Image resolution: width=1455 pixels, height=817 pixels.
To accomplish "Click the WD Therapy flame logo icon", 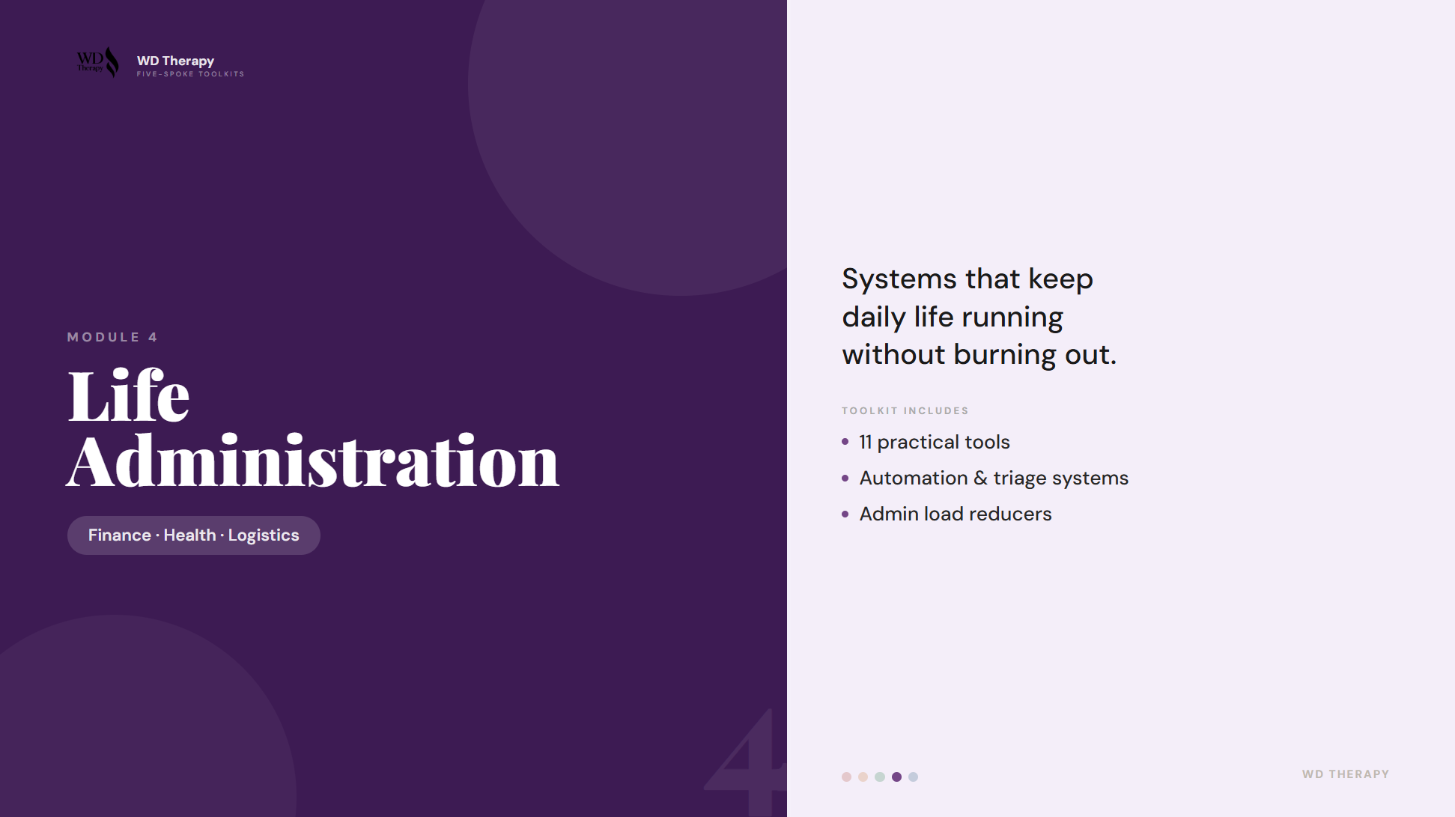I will [x=111, y=62].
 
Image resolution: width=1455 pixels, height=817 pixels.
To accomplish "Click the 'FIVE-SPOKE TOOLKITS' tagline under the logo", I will [x=190, y=74].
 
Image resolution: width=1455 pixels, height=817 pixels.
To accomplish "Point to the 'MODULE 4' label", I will [x=112, y=337].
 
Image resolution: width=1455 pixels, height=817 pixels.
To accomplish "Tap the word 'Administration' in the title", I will [x=312, y=461].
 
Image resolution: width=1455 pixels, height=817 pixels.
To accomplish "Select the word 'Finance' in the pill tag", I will [x=120, y=535].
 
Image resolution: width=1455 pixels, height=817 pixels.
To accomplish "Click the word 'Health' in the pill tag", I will [x=189, y=535].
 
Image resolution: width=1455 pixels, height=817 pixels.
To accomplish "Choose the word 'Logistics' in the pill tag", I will [x=264, y=535].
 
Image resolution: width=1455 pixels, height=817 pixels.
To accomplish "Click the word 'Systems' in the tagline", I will [x=899, y=279].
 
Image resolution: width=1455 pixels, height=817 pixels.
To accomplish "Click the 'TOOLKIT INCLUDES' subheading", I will [x=905, y=410].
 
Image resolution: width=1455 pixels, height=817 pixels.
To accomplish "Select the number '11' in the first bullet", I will [x=866, y=443].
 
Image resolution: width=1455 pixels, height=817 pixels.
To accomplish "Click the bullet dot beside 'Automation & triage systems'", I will [x=845, y=479].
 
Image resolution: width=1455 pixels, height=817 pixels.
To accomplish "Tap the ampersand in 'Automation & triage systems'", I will [x=980, y=479].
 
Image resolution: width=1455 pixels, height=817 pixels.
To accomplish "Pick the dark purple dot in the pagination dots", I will [x=896, y=777].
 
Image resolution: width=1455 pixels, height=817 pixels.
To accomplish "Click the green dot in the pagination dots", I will [x=880, y=777].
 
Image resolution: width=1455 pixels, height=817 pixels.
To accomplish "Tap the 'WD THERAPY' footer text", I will [x=1345, y=774].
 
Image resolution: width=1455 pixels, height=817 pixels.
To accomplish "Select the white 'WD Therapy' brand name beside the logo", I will [x=175, y=61].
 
